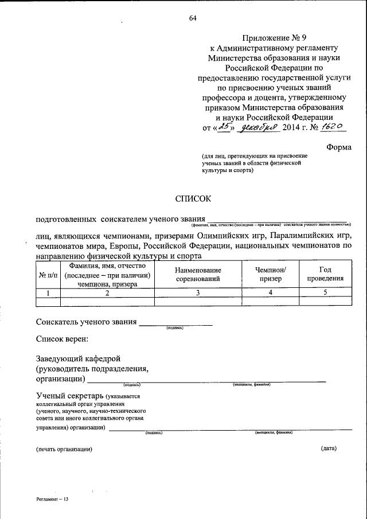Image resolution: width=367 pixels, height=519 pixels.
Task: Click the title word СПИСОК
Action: tap(193, 198)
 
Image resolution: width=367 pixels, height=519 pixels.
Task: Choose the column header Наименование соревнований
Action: tap(198, 275)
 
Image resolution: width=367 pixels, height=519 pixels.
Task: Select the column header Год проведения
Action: tap(325, 275)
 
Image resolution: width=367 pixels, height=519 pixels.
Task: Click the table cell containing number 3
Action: tap(198, 292)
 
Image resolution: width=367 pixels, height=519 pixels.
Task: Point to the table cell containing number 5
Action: tap(325, 292)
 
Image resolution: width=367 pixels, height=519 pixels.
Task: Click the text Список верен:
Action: tap(62, 340)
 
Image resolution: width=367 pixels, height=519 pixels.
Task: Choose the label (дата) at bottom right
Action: tap(329, 448)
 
